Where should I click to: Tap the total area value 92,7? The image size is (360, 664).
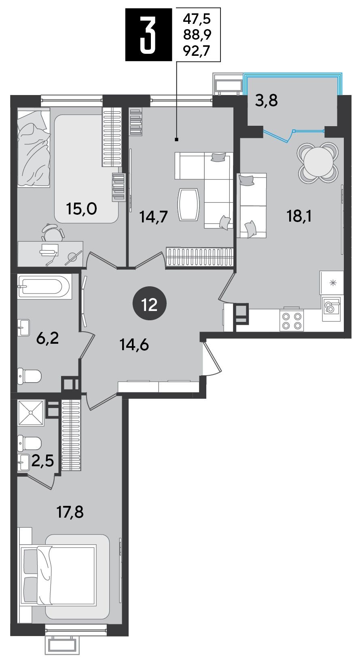pyautogui.click(x=197, y=51)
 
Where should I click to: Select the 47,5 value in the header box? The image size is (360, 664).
pyautogui.click(x=197, y=19)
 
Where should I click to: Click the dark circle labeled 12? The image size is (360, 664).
pyautogui.click(x=149, y=304)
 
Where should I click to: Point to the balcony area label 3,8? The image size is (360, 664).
pyautogui.click(x=266, y=100)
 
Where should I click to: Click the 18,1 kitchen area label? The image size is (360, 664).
pyautogui.click(x=299, y=216)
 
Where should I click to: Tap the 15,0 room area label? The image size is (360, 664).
pyautogui.click(x=82, y=209)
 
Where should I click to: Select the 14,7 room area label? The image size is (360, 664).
pyautogui.click(x=154, y=217)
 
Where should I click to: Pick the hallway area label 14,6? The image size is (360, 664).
pyautogui.click(x=134, y=345)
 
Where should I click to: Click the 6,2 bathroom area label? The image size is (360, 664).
pyautogui.click(x=47, y=338)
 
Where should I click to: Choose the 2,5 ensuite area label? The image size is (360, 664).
pyautogui.click(x=42, y=461)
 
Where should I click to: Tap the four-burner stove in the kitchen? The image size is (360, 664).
pyautogui.click(x=292, y=321)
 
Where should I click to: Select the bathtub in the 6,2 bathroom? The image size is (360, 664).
pyautogui.click(x=44, y=286)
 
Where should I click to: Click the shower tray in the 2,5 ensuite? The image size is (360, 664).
pyautogui.click(x=31, y=413)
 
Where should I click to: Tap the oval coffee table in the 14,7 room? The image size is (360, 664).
pyautogui.click(x=188, y=205)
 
